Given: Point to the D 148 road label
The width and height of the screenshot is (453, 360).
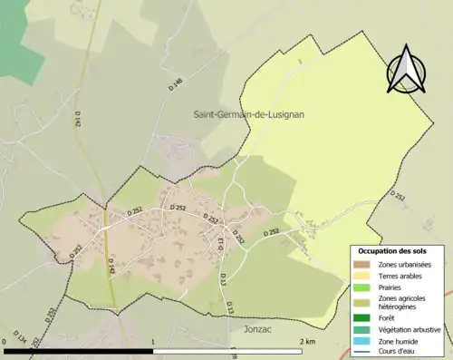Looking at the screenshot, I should click(176, 84).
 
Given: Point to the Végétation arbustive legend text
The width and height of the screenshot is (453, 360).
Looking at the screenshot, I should click(411, 329).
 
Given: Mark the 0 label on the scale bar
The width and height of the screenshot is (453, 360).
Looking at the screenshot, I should click(5, 342).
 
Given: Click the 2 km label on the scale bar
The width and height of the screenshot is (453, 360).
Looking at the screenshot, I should click(306, 342).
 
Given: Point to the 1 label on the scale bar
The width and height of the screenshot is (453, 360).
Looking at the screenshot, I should click(153, 342).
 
